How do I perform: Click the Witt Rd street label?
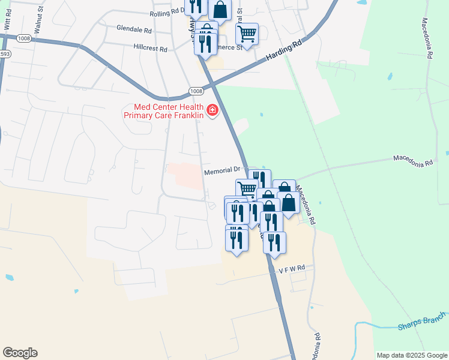[x=7, y=23]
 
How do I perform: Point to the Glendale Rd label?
[x=134, y=29]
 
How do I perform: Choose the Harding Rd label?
[x=282, y=53]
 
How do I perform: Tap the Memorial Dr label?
[x=221, y=171]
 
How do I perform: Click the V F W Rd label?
[x=292, y=269]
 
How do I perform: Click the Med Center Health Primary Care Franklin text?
[x=162, y=111]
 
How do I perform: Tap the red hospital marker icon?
[x=212, y=110]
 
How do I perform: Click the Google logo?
[x=20, y=353]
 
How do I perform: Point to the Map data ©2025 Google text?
[x=411, y=355]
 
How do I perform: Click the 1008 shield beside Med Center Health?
[x=196, y=91]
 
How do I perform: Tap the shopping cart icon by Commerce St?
[x=247, y=34]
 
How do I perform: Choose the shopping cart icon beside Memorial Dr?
[x=247, y=189]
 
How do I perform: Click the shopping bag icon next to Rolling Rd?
[x=220, y=10]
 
